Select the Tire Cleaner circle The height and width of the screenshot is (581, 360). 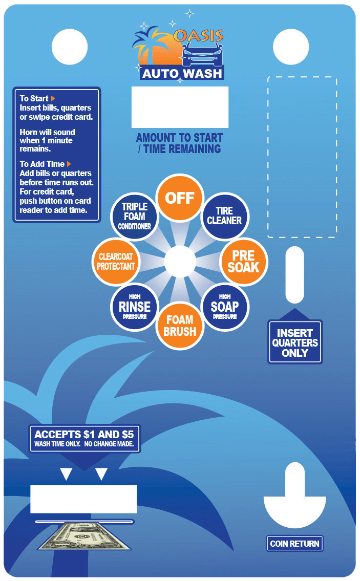(x=225, y=217)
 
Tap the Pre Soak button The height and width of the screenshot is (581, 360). (x=244, y=262)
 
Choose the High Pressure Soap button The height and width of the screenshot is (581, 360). (x=225, y=307)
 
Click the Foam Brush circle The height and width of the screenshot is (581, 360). (x=180, y=326)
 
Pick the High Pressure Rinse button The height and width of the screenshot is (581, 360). (x=135, y=307)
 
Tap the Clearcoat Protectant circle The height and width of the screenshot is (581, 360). (x=116, y=262)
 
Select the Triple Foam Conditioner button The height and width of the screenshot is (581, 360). (x=135, y=217)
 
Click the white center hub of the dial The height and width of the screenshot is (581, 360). (x=180, y=262)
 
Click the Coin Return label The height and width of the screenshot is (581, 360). (x=295, y=544)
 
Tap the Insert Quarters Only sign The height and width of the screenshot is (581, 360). (x=295, y=342)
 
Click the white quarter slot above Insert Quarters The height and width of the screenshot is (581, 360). (x=295, y=275)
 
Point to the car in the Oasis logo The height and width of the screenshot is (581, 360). (x=202, y=55)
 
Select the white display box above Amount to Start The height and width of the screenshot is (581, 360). (x=180, y=107)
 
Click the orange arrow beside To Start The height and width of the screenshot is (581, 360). (x=53, y=99)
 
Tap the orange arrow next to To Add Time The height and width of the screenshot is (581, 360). (x=69, y=164)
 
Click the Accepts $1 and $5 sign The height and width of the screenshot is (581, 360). (x=84, y=438)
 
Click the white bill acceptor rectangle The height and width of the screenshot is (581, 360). (x=84, y=499)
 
